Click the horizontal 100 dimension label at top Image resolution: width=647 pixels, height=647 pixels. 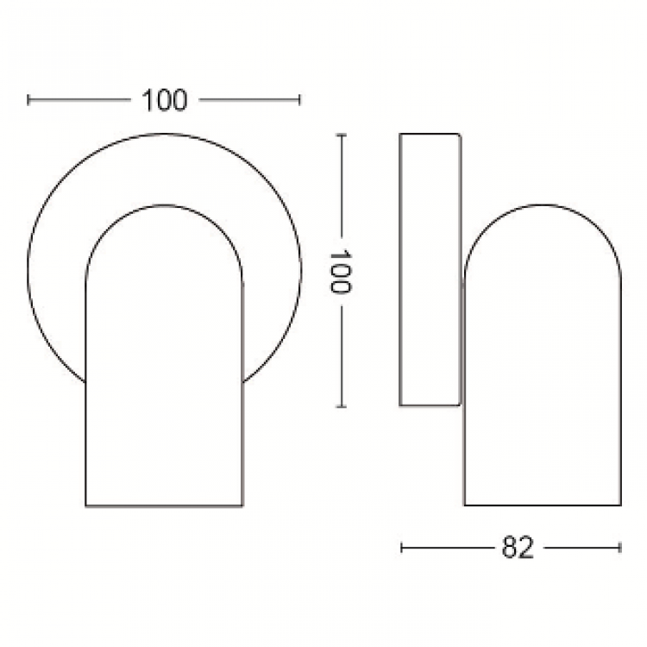tap(164, 100)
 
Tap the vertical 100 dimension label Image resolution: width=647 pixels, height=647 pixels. tap(340, 272)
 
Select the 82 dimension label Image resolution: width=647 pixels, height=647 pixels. tap(518, 548)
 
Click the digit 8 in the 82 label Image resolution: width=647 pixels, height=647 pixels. tap(510, 548)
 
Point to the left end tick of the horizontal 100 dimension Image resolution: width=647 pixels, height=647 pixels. tap(28, 100)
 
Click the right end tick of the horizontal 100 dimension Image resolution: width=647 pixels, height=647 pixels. tap(300, 100)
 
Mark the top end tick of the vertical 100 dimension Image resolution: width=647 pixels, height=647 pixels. tap(341, 135)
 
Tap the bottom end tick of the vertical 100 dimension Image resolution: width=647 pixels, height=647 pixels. tap(341, 406)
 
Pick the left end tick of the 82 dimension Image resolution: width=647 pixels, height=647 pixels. tap(402, 548)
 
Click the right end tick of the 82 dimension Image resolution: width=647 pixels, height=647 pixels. tap(620, 548)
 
